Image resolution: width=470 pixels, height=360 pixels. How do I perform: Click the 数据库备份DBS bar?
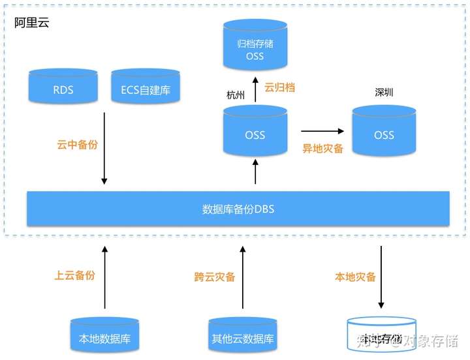pos(238,209)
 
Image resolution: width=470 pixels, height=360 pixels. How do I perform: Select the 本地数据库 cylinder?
pos(104,337)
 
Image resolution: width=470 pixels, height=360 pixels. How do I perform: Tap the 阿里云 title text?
pos(32,23)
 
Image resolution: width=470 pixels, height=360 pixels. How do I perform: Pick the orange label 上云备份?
pos(74,275)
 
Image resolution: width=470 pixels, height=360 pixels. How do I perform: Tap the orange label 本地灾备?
pos(355,277)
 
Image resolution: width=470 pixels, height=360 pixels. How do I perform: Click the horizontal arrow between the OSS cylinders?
pos(323,130)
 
